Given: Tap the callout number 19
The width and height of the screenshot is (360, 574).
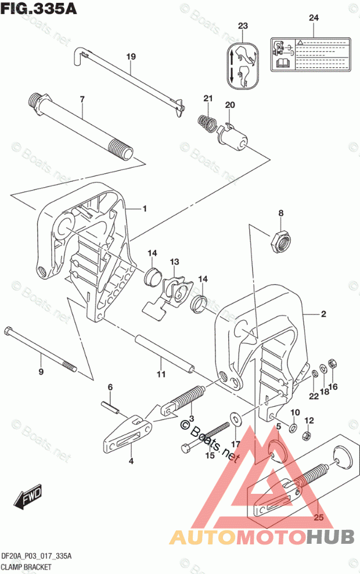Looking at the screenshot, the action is coord(131,57).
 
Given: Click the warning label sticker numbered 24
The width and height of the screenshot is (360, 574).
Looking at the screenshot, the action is coord(311,54).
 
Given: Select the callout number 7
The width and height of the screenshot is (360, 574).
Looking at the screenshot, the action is coord(82,99).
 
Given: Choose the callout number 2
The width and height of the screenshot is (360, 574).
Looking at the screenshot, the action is coord(323,314).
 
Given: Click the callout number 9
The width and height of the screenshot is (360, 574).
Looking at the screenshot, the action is coord(41,371).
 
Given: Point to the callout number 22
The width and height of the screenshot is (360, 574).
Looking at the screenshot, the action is coord(314,397).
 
